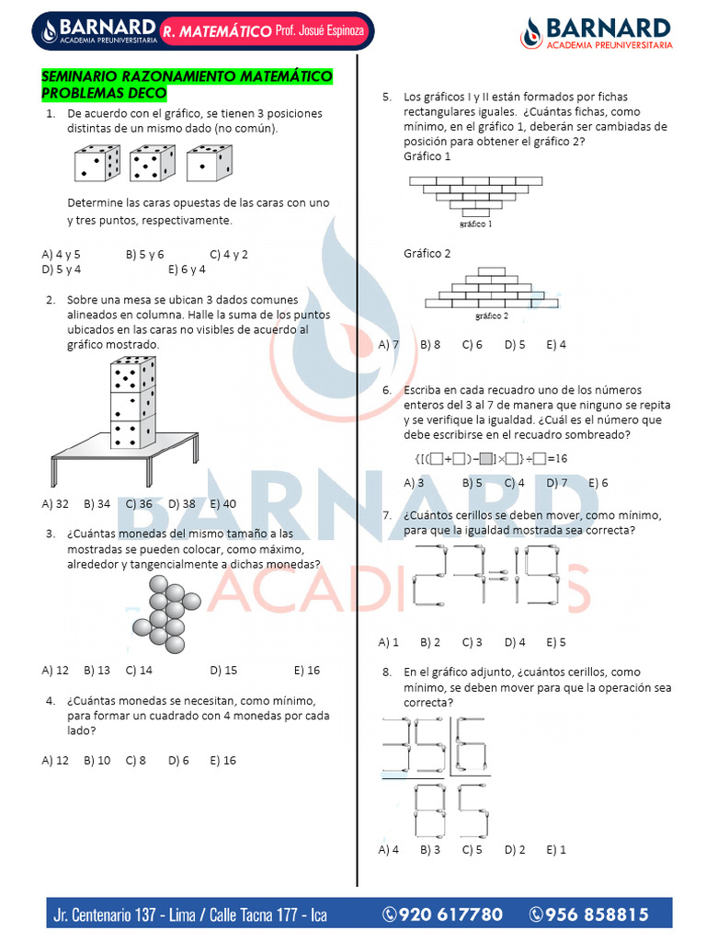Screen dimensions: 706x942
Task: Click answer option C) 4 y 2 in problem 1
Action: (x=229, y=254)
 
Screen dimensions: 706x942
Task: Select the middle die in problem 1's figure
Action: (x=153, y=163)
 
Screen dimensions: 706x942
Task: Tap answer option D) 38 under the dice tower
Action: (x=182, y=504)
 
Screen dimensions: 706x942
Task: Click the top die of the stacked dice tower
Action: (x=133, y=374)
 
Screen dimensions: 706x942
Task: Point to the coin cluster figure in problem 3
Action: (x=166, y=614)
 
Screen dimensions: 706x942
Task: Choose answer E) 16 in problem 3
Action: (x=307, y=671)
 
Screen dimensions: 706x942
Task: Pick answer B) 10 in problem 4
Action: (x=97, y=761)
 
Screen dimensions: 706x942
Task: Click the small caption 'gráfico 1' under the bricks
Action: (x=475, y=224)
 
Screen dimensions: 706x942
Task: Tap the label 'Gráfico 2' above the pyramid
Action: (x=427, y=254)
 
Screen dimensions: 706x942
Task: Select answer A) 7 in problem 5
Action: (x=389, y=345)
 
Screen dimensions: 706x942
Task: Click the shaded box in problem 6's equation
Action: (x=486, y=459)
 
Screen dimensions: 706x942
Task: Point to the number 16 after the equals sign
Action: (x=561, y=459)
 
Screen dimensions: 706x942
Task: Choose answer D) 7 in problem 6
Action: (x=556, y=483)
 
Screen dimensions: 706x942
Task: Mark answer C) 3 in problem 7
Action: (x=472, y=643)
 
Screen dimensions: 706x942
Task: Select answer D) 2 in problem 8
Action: (x=515, y=850)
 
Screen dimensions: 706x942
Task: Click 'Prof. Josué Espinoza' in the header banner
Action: (x=319, y=30)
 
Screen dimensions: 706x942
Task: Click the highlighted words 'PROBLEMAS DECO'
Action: (x=104, y=93)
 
